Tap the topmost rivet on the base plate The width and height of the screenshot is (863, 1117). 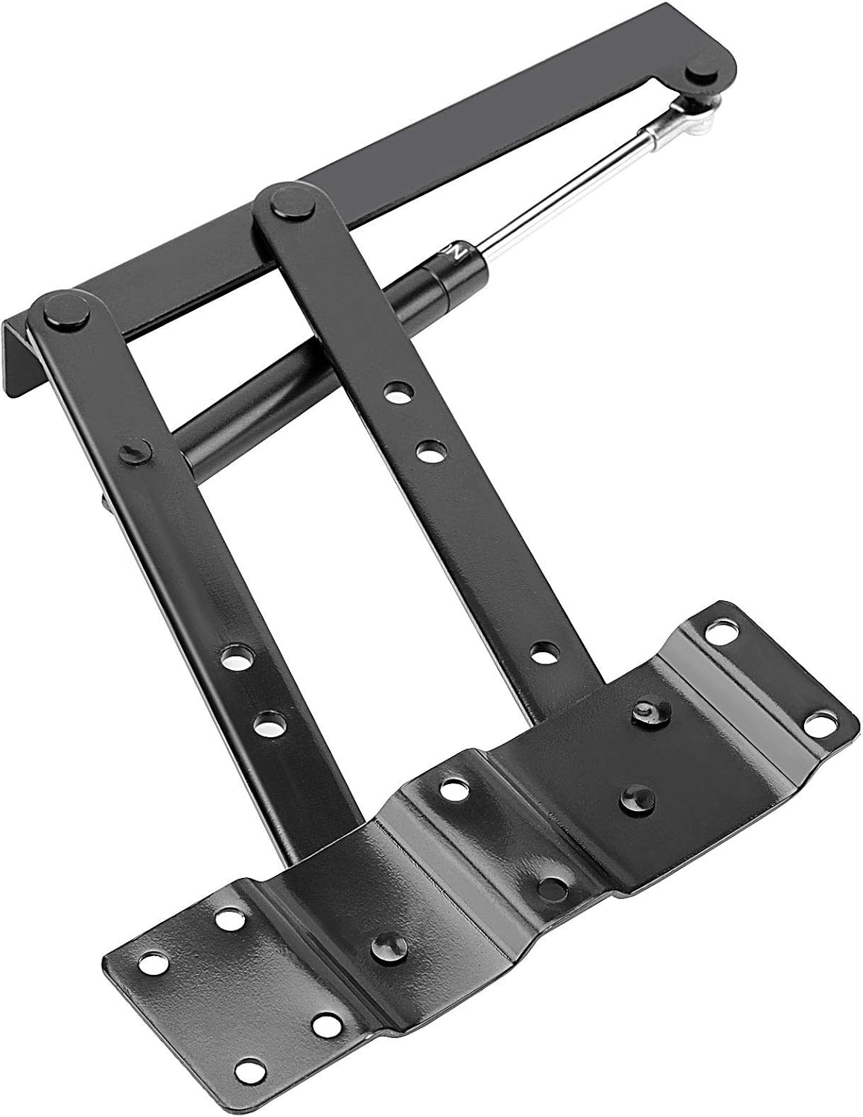coord(644,711)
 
